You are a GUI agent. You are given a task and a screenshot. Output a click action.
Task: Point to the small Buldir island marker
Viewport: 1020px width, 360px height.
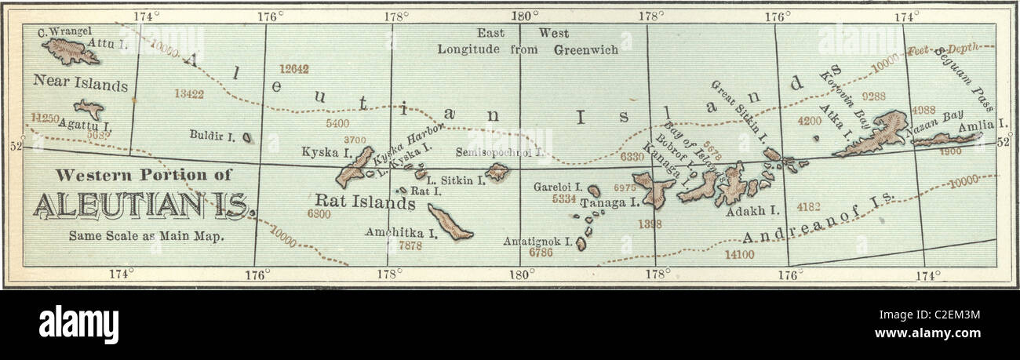[x=247, y=138]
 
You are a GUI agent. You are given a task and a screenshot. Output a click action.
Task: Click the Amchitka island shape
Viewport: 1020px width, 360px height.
[x=449, y=222]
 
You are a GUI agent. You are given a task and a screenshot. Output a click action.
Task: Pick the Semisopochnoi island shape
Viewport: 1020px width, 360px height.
[x=496, y=172]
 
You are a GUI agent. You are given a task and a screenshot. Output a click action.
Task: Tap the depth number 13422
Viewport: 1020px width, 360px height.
[x=189, y=94]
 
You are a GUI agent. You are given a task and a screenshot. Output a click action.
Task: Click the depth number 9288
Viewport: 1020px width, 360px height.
[x=873, y=96]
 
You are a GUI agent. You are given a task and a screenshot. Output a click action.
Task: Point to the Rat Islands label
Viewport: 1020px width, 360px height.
[x=365, y=203]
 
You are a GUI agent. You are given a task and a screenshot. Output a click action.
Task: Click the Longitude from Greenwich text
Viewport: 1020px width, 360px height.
[x=527, y=49]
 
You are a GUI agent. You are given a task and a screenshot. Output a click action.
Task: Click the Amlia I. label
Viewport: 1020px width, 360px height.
[x=993, y=125]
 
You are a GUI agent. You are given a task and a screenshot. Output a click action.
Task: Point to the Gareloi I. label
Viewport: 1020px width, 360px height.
[x=557, y=187]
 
